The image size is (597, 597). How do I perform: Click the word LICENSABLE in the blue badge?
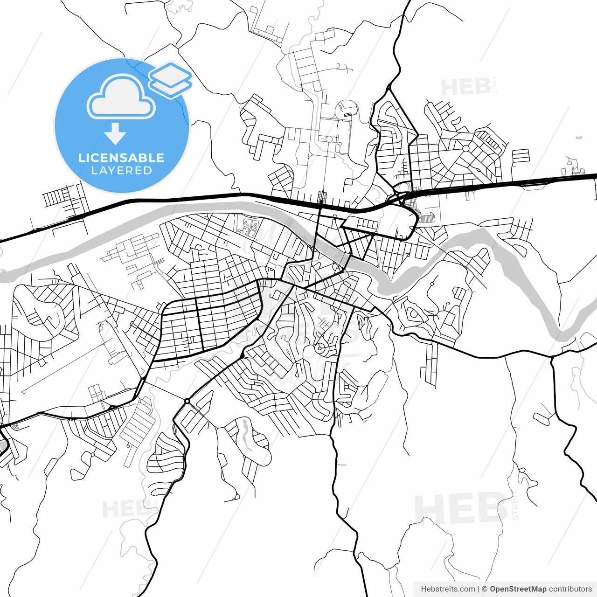pos(121,158)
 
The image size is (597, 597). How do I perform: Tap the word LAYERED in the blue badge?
pos(121,171)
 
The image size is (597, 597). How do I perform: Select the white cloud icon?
pos(121,97)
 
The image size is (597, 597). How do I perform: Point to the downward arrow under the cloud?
pos(115,134)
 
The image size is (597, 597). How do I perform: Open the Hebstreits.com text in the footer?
pos(448,589)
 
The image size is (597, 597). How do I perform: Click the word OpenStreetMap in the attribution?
pos(518,589)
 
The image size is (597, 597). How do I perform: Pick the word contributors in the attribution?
pos(570,589)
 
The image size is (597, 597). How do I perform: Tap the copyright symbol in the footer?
pos(485,589)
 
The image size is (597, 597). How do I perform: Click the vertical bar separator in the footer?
pos(479,589)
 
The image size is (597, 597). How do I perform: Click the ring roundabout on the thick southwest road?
pos(187,401)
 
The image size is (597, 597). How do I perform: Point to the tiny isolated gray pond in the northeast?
pos(579,138)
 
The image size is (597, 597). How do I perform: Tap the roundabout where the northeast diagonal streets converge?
pos(465,148)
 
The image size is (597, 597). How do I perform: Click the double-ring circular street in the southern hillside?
pos(320,347)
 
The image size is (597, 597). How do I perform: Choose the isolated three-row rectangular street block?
pos(521,156)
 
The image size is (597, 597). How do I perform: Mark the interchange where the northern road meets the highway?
pos(402,195)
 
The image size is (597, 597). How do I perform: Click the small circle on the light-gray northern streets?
pos(328,139)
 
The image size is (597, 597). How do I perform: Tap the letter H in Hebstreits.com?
pos(423,589)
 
